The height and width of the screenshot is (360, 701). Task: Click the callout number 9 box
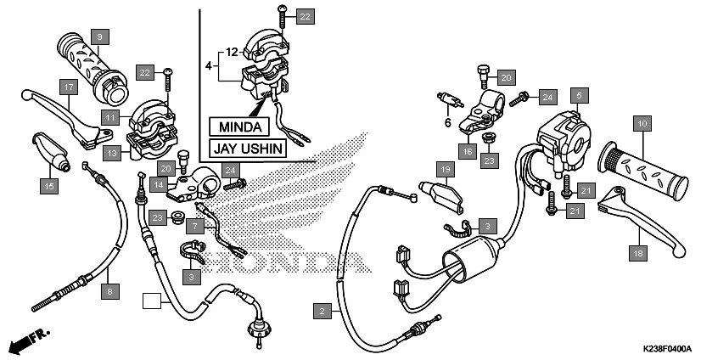tap(99, 37)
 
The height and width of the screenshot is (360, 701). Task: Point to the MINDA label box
tap(238, 126)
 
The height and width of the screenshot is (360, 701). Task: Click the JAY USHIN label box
tap(246, 149)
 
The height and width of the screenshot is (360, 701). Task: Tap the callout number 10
tap(642, 125)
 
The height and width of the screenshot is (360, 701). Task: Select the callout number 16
tap(468, 152)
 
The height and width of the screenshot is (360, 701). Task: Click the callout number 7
tap(194, 227)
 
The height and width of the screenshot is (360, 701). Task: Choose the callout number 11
tap(111, 115)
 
